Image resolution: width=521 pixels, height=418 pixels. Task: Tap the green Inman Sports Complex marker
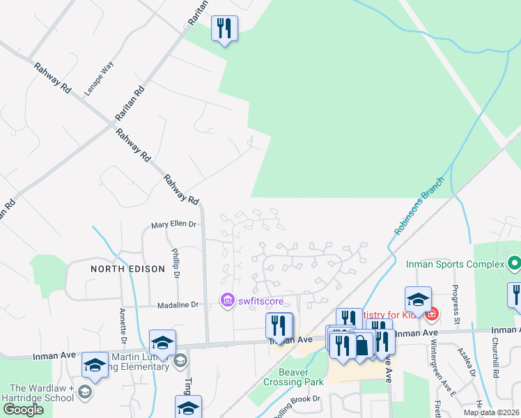click(x=514, y=265)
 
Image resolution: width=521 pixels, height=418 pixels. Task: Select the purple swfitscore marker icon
click(x=226, y=301)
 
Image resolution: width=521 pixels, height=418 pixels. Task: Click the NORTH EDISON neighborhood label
click(x=127, y=268)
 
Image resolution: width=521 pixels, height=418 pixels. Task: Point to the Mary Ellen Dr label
click(x=175, y=225)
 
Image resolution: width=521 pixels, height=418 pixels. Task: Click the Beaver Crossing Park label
click(x=295, y=377)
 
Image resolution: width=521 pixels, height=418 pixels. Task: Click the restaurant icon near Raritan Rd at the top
click(x=224, y=29)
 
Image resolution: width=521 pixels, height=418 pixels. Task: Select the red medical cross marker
click(x=432, y=315)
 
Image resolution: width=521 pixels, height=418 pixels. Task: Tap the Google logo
click(x=23, y=410)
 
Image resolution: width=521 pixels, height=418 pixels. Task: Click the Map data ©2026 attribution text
click(x=491, y=412)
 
